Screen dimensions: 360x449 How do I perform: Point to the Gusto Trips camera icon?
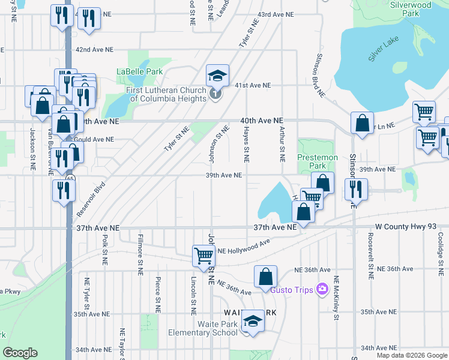[x=323, y=290]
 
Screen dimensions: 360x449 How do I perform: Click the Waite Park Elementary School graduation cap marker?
[x=253, y=321]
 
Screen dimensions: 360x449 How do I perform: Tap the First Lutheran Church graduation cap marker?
[x=217, y=75]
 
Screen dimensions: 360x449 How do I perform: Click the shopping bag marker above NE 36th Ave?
[x=265, y=277]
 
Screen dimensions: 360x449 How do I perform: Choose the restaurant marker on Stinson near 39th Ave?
[x=356, y=189]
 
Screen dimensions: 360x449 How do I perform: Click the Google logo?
[x=20, y=353]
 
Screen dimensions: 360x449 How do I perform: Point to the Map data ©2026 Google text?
[x=412, y=355]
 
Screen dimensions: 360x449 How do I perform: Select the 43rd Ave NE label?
[x=276, y=14]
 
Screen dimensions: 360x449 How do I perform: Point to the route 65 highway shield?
[x=71, y=179]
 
